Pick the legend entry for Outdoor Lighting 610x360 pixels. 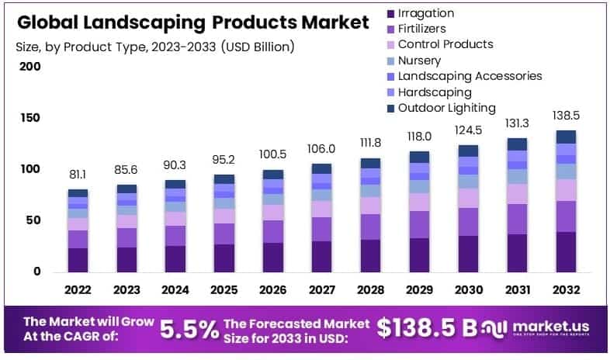click(x=446, y=108)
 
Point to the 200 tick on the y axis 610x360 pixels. click(x=29, y=67)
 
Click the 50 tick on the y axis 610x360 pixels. click(x=33, y=220)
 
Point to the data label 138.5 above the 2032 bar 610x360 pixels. click(x=564, y=115)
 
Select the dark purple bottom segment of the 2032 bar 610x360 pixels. click(x=564, y=252)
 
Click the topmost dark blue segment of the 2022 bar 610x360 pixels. click(x=78, y=193)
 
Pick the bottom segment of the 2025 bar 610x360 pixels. click(x=224, y=258)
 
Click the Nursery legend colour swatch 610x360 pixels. click(x=390, y=61)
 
